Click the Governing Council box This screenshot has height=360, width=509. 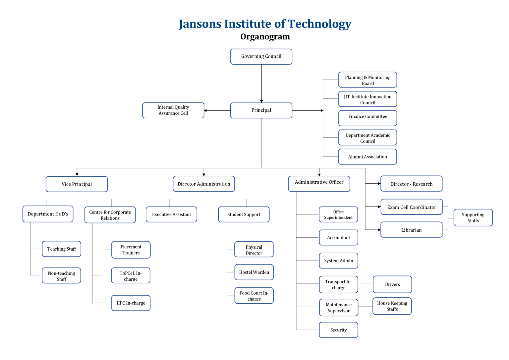(261, 57)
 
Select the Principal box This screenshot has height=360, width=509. (261, 110)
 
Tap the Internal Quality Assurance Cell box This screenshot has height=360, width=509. (173, 110)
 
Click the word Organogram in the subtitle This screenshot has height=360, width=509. (265, 36)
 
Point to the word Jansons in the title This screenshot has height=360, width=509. (200, 24)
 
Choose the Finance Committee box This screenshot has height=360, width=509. (368, 118)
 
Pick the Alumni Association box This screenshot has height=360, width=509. (368, 157)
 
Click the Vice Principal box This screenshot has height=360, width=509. (77, 184)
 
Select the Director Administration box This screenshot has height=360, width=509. (204, 184)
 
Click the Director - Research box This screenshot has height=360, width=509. (411, 184)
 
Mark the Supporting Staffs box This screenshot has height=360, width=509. (473, 218)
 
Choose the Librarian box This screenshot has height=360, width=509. (411, 230)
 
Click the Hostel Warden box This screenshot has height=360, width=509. (254, 272)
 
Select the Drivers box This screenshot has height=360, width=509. (392, 284)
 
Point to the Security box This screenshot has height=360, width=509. (338, 330)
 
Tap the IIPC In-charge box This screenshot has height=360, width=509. (131, 303)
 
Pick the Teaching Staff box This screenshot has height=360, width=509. (62, 249)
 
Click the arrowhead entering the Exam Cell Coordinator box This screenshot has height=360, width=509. (379, 207)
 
